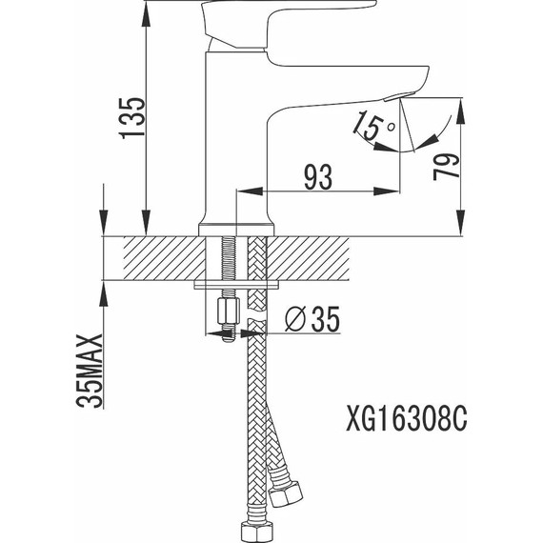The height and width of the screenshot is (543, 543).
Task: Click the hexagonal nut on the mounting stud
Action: coord(228,312)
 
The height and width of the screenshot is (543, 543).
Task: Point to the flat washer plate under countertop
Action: coord(236,283)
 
